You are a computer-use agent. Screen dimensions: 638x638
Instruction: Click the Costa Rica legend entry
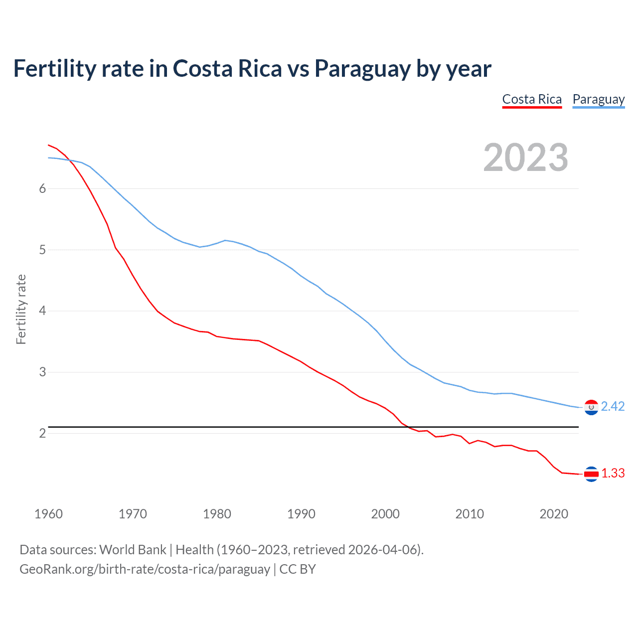point(532,99)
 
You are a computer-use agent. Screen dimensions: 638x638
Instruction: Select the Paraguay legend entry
point(598,99)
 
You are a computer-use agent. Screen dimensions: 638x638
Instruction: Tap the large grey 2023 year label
point(525,158)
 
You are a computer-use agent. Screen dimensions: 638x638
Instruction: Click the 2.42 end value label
point(613,407)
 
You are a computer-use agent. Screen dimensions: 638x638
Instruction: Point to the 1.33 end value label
point(613,473)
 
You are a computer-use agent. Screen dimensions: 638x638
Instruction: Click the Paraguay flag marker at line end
point(591,407)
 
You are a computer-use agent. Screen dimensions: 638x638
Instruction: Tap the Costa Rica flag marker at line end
point(591,474)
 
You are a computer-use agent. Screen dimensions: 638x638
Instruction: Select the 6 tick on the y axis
point(42,188)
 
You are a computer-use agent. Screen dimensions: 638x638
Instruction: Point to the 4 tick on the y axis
point(42,311)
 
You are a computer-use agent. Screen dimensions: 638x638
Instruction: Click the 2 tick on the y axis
point(42,433)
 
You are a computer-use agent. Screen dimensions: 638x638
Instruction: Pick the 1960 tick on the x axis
point(48,514)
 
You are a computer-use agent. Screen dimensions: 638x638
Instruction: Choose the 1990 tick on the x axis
point(301,514)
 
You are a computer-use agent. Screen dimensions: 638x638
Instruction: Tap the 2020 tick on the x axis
point(554,514)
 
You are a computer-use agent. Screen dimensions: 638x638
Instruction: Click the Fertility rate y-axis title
point(21,309)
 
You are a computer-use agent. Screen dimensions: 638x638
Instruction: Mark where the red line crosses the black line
point(407,427)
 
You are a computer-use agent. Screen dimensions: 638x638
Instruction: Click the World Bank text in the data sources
point(133,550)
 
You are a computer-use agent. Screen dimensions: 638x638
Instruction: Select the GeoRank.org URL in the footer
point(145,569)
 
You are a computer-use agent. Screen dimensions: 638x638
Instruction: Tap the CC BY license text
point(298,569)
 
